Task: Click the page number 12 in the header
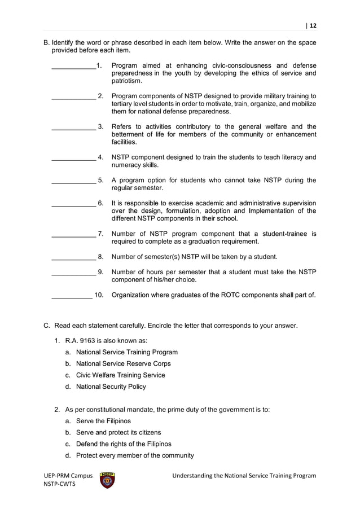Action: click(x=313, y=25)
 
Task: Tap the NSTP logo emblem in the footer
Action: click(x=107, y=480)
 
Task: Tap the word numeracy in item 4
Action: click(x=128, y=165)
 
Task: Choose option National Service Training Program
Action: click(x=126, y=352)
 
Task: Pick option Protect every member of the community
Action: click(x=135, y=455)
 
